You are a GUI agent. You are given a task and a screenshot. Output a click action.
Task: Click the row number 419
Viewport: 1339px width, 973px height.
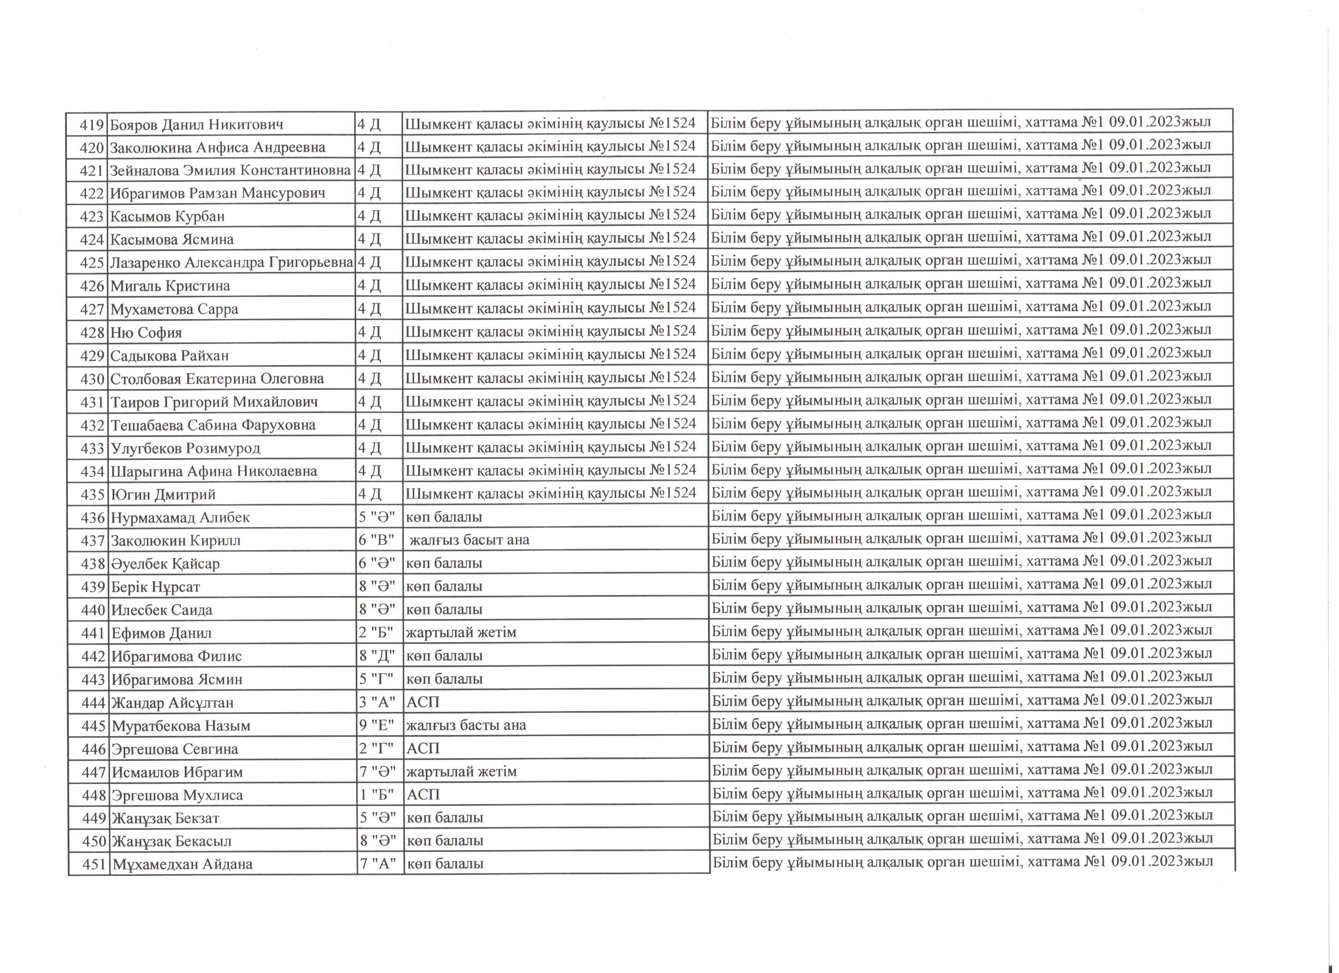(x=92, y=124)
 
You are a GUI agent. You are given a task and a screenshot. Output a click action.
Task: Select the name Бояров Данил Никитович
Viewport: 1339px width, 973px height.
(x=197, y=124)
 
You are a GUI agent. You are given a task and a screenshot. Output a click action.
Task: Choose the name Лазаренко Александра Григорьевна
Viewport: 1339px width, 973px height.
(x=231, y=263)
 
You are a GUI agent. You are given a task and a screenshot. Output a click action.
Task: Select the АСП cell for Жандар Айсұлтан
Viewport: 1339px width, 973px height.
(x=423, y=702)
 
